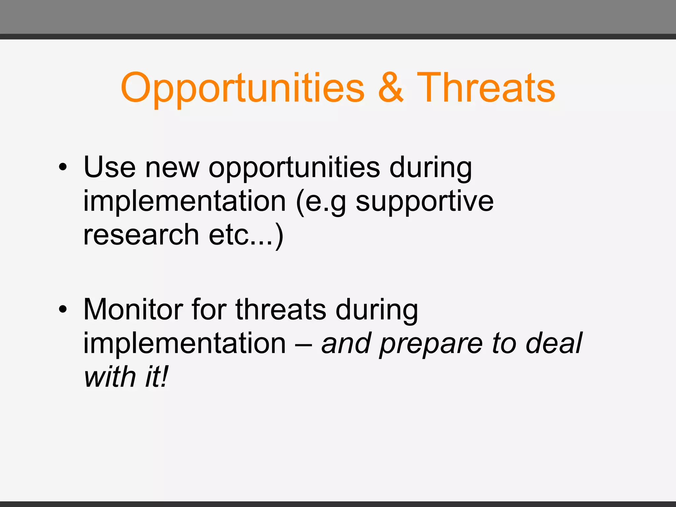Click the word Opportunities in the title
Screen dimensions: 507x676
click(x=243, y=88)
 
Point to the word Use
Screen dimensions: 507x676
click(x=109, y=167)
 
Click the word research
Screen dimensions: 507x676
click(x=141, y=235)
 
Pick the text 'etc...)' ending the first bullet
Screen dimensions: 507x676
click(x=246, y=235)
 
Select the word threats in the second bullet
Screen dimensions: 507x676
click(x=281, y=310)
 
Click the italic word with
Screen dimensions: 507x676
click(x=110, y=377)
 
